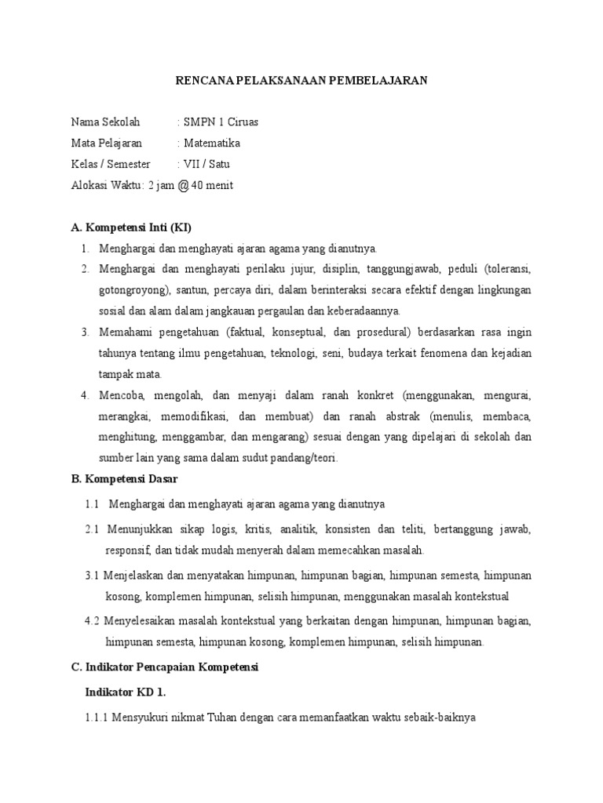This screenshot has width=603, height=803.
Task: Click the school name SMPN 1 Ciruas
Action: tap(221, 122)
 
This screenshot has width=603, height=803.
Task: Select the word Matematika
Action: tap(212, 144)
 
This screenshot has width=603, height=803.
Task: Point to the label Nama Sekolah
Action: tap(105, 122)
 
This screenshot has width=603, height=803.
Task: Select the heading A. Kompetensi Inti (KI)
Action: tap(131, 227)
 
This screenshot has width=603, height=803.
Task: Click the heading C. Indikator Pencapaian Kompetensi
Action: tap(170, 667)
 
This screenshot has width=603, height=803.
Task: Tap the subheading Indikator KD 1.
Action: tap(125, 692)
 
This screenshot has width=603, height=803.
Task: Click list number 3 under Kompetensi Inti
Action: tap(85, 332)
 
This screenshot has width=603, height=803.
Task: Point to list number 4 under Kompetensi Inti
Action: tap(85, 394)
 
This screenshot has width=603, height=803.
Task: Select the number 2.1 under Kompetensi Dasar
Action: tap(92, 530)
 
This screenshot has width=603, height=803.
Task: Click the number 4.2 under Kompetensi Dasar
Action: tap(92, 621)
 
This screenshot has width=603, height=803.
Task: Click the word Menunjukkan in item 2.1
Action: tap(139, 530)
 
